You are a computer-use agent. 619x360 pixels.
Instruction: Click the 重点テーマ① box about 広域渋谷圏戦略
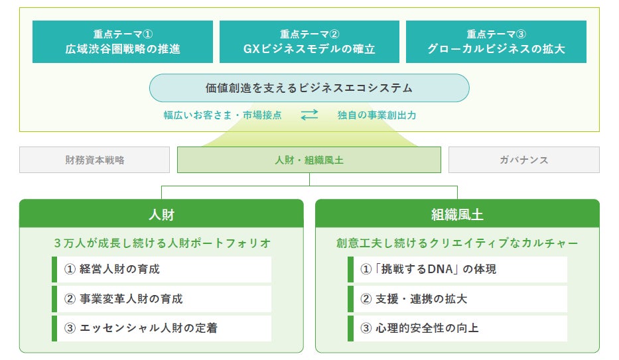123,42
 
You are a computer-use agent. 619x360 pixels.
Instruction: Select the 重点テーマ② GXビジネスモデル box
309,42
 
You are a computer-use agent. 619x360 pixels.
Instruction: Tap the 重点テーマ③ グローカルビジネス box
496,42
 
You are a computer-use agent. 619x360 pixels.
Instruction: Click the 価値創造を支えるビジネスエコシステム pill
309,88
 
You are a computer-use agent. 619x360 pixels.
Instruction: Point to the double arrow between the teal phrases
309,115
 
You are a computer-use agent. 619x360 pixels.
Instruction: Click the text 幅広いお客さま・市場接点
223,115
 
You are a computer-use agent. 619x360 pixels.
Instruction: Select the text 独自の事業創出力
377,115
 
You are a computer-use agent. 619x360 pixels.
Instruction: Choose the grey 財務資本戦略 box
95,160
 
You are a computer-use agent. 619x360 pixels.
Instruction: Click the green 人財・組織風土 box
309,160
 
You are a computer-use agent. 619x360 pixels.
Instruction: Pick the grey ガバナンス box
523,160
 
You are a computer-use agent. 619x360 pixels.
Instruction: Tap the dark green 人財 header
161,214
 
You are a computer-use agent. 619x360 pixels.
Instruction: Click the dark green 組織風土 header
457,214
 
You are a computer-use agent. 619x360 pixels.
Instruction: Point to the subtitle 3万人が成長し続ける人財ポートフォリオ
162,243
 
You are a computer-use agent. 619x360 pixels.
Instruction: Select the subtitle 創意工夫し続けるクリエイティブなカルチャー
457,243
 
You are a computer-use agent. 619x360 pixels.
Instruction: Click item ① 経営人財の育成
162,269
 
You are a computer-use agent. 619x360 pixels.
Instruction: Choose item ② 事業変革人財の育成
162,299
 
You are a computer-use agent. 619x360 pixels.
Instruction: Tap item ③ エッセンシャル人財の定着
162,328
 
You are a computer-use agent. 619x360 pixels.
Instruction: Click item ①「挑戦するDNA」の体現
458,269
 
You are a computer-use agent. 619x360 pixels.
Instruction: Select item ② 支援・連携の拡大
458,299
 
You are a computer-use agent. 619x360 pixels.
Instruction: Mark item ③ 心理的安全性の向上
458,328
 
